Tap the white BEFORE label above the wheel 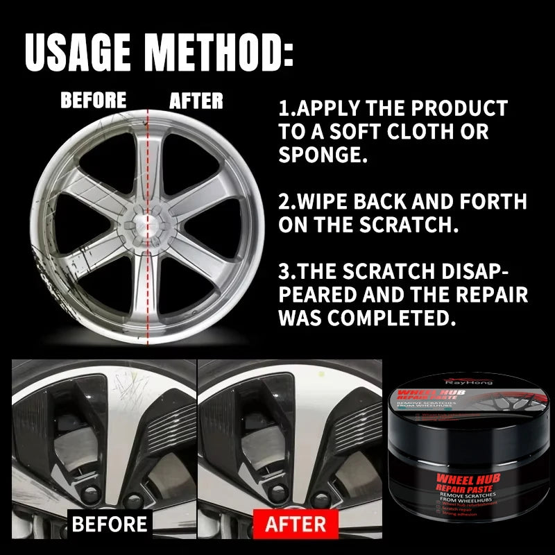tap(94, 101)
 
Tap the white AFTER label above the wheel tap(196, 101)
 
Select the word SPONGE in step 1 tap(321, 154)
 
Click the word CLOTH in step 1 tap(412, 131)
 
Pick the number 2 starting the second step tap(284, 202)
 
